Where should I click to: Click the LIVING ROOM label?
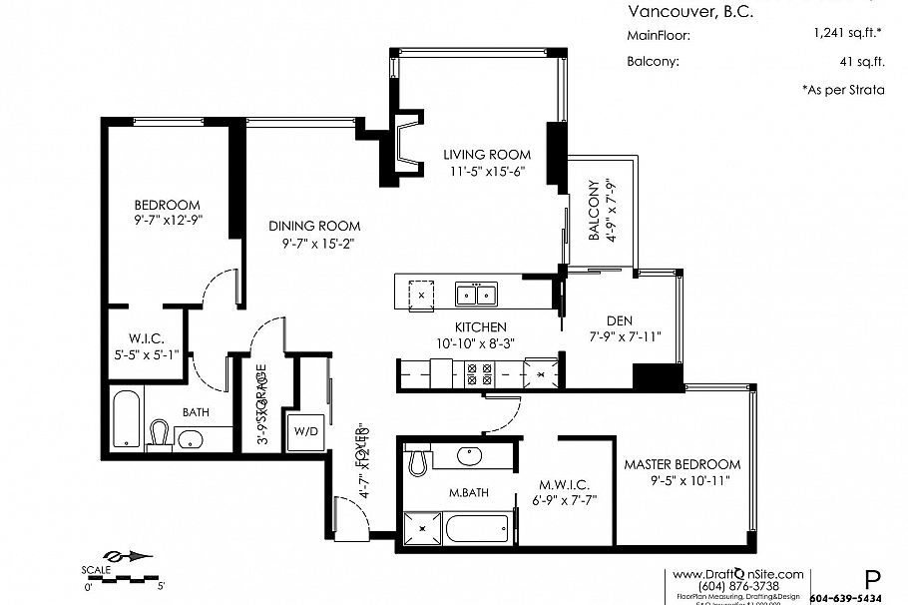click(487, 155)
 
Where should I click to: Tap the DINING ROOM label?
click(314, 226)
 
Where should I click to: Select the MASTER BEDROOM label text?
click(682, 464)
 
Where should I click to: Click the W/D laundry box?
click(303, 432)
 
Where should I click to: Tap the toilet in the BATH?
click(160, 433)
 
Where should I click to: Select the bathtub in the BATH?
click(127, 420)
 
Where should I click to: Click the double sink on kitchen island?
click(476, 295)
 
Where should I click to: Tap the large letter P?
click(871, 578)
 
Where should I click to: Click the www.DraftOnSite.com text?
click(737, 574)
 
